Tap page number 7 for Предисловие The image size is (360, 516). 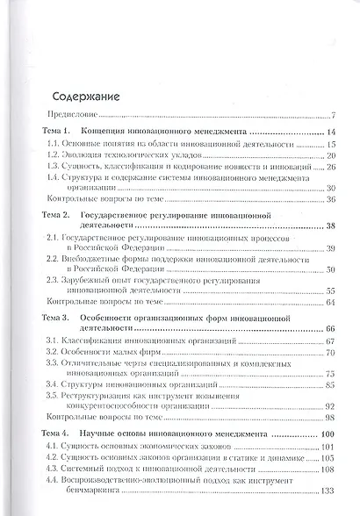tap(334, 115)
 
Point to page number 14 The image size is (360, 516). tap(331, 132)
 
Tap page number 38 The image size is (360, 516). tap(331, 226)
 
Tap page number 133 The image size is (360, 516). tap(329, 491)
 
